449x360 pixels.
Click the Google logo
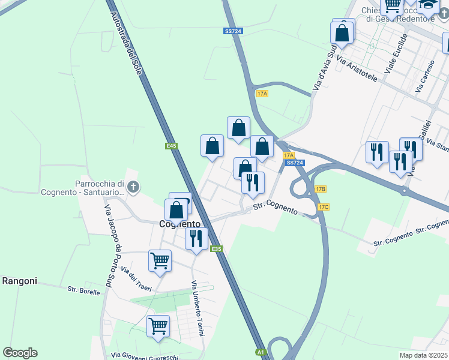tap(20, 353)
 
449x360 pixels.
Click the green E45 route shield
tap(172, 146)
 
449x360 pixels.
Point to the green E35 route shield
tap(217, 249)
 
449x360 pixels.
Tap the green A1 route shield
tap(261, 352)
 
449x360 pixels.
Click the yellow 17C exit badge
tap(324, 207)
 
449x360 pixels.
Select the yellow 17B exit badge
tap(320, 189)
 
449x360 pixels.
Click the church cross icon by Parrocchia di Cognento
tap(133, 188)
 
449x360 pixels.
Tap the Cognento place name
tap(179, 224)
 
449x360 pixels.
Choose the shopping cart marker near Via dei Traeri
tap(160, 261)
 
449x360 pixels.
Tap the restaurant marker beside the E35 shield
tap(196, 239)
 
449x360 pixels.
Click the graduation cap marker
tap(427, 6)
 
